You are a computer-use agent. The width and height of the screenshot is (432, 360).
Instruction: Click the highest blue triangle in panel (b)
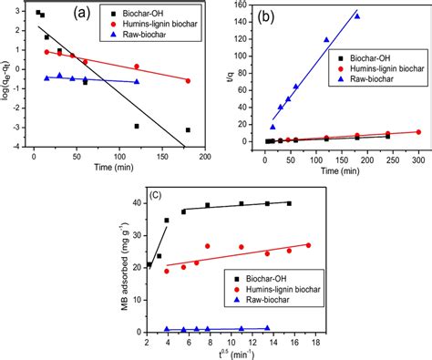356,16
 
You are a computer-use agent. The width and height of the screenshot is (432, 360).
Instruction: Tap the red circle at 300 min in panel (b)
418,132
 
